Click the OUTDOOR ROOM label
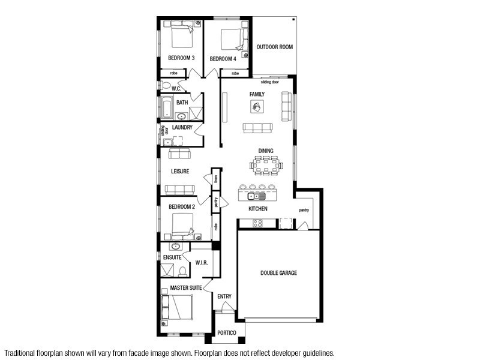click(x=275, y=47)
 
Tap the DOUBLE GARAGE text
click(x=278, y=273)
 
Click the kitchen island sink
click(x=257, y=196)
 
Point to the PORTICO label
click(x=227, y=333)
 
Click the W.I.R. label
click(x=202, y=262)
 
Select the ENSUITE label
click(x=172, y=257)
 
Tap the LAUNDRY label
click(x=182, y=128)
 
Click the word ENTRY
click(x=224, y=296)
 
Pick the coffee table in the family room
click(x=256, y=107)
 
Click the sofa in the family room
click(x=257, y=127)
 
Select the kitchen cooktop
click(x=257, y=223)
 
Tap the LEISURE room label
click(x=180, y=172)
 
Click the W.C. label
click(x=176, y=89)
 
